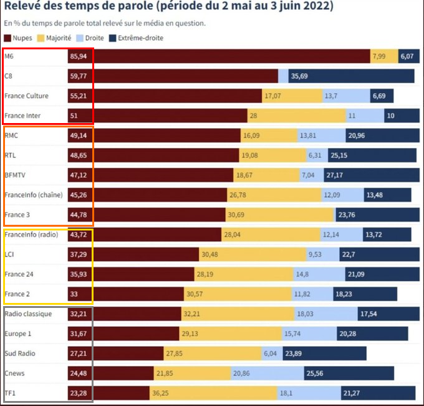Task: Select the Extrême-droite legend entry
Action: coord(141,38)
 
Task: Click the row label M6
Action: coord(9,56)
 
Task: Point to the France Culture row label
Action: coord(26,96)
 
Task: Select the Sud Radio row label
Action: coord(21,353)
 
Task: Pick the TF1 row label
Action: coord(11,393)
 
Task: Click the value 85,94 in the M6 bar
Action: coord(79,56)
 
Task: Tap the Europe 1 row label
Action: coord(17,334)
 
